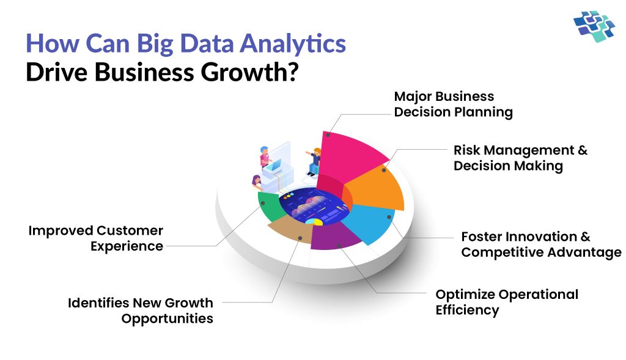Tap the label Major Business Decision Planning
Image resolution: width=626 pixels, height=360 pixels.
(x=453, y=105)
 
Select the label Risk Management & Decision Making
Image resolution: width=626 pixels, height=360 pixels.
(x=520, y=158)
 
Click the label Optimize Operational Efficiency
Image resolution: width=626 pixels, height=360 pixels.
(x=506, y=302)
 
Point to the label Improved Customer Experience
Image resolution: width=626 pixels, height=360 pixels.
(x=96, y=238)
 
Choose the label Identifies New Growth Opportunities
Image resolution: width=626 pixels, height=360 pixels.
(x=140, y=310)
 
